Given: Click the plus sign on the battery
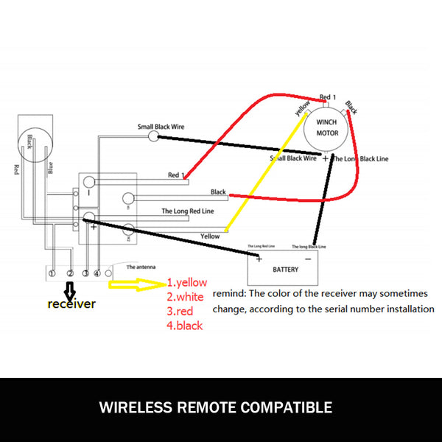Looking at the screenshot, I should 259,259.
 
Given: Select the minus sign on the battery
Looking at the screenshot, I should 307,259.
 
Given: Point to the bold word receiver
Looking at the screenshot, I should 71,304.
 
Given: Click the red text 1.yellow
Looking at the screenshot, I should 186,281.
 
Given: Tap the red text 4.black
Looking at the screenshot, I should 184,326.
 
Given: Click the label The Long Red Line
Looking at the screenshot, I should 188,211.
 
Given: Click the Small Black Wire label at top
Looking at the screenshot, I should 161,127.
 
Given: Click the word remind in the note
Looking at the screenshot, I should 229,293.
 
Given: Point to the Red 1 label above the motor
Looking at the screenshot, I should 328,97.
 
